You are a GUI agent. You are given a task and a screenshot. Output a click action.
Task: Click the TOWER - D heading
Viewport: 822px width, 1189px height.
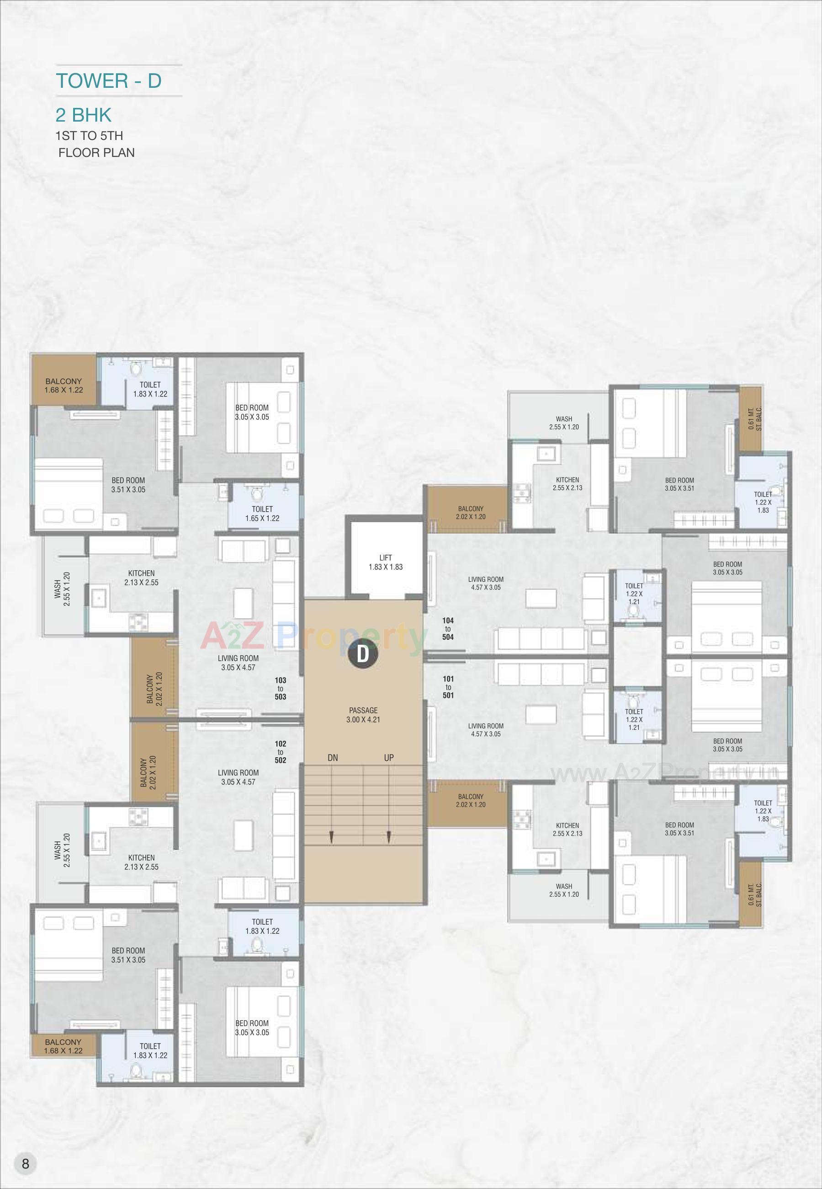(x=109, y=81)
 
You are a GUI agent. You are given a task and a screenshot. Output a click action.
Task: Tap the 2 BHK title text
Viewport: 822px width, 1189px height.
(x=84, y=114)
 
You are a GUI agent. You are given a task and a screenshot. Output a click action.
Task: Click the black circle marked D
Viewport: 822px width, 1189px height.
(x=363, y=654)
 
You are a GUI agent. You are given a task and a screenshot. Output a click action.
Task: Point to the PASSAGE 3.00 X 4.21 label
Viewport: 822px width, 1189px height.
(x=363, y=715)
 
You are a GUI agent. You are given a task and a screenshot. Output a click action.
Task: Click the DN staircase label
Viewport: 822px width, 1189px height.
(x=333, y=758)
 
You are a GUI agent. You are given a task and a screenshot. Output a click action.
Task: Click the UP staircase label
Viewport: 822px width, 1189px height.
(x=389, y=758)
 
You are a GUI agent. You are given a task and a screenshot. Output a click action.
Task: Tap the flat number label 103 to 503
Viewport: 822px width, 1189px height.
(x=280, y=689)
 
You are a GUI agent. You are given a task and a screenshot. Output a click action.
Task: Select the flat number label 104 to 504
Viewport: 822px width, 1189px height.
(x=448, y=629)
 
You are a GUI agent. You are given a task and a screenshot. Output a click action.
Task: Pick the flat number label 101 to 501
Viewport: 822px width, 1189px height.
(x=448, y=687)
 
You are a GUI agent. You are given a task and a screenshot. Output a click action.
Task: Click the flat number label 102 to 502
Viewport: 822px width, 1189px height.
(x=280, y=752)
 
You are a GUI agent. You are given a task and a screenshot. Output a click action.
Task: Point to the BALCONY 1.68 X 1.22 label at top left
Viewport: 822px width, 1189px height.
(x=64, y=386)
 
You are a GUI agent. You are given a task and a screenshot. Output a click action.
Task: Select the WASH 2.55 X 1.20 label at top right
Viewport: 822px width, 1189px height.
(x=564, y=423)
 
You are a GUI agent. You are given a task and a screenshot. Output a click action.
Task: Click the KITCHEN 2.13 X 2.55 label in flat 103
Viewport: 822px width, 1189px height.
(x=141, y=578)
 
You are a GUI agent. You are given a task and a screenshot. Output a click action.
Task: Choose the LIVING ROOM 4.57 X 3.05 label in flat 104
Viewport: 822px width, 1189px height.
(x=486, y=584)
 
